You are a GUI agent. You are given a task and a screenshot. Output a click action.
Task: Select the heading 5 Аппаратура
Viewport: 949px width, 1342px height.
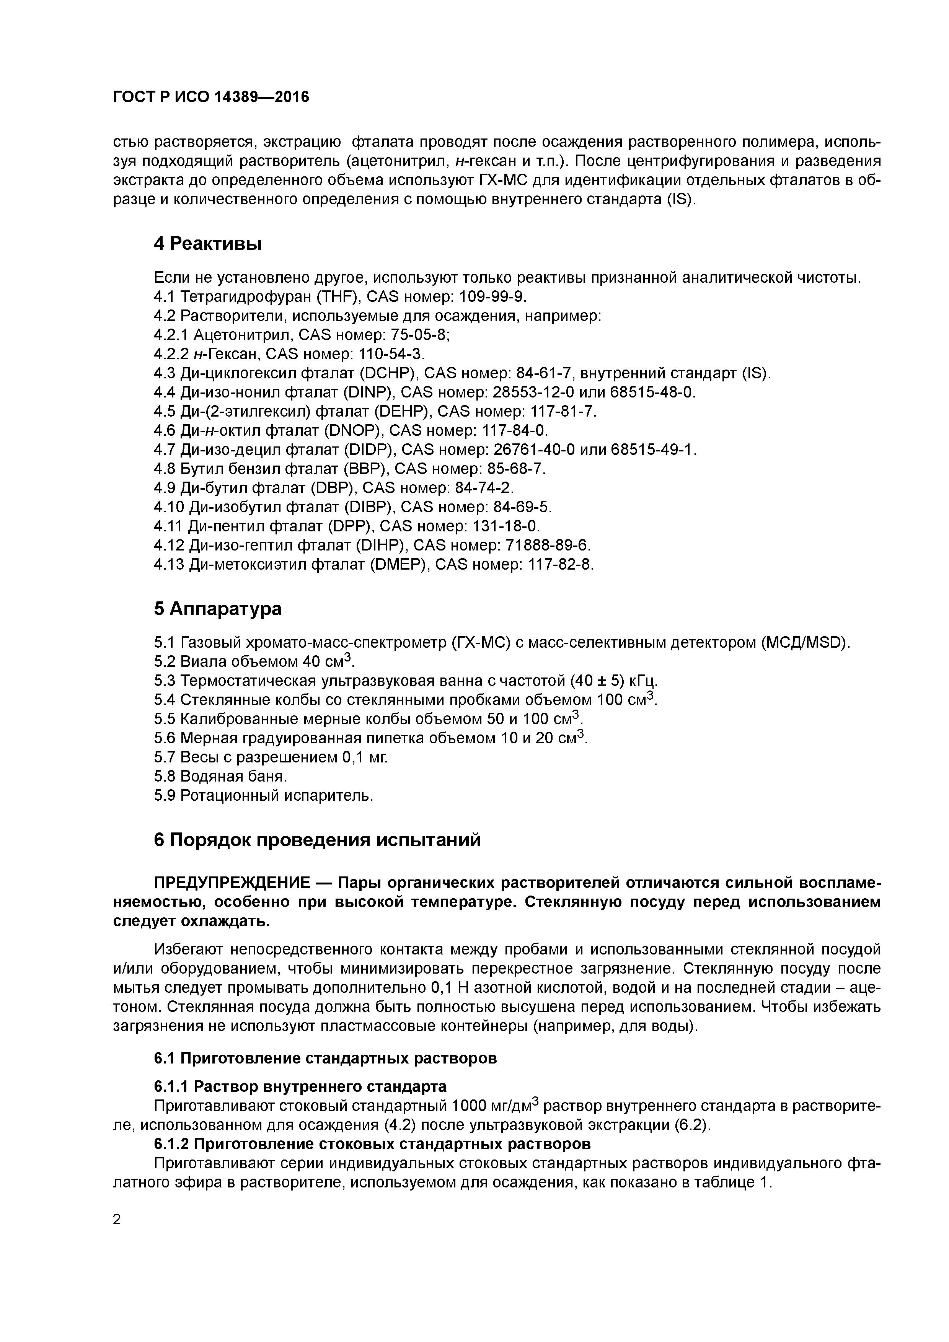[217, 609]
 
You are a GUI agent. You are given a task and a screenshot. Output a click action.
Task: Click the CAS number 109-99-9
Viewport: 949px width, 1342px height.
[492, 297]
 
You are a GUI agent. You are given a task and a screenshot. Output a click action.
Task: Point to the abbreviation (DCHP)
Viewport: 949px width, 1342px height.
[386, 373]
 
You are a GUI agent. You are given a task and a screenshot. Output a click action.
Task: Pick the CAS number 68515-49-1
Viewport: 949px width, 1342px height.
[653, 450]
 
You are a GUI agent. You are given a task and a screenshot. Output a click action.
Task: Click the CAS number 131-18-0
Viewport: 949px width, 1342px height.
[506, 526]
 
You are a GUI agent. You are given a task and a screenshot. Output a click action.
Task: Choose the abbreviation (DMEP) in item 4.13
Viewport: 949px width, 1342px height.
[401, 565]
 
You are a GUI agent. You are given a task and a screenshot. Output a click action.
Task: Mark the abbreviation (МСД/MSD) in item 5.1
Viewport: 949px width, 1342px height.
[805, 643]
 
